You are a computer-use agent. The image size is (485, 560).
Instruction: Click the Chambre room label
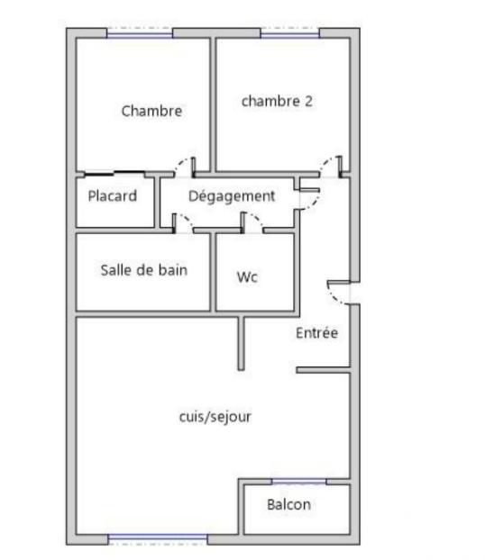[x=151, y=112]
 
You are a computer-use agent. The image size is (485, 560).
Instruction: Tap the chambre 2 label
[x=277, y=101]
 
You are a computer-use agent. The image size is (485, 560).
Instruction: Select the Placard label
[x=113, y=195]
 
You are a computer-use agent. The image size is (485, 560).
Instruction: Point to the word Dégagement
[x=232, y=195]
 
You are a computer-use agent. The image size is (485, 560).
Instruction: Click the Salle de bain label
[x=144, y=269]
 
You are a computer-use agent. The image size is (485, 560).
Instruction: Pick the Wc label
[x=247, y=277]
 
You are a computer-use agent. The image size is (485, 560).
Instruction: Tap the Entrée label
[x=316, y=333]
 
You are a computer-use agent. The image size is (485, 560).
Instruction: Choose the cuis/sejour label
[x=215, y=417]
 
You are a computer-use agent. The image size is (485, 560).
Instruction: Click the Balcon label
[x=288, y=504]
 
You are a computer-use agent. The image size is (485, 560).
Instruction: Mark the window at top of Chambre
[x=140, y=34]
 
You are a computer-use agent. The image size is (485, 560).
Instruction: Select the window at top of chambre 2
[x=290, y=34]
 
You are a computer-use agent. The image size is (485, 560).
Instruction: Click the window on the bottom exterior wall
[x=158, y=539]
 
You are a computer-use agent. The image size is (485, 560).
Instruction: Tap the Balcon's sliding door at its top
[x=298, y=482]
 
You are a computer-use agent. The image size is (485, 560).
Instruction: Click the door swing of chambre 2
[x=332, y=166]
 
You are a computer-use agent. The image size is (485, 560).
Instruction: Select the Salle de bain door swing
[x=181, y=222]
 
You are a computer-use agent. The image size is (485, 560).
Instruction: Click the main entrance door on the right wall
[x=342, y=294]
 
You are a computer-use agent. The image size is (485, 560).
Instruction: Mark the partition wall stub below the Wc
[x=242, y=342]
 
